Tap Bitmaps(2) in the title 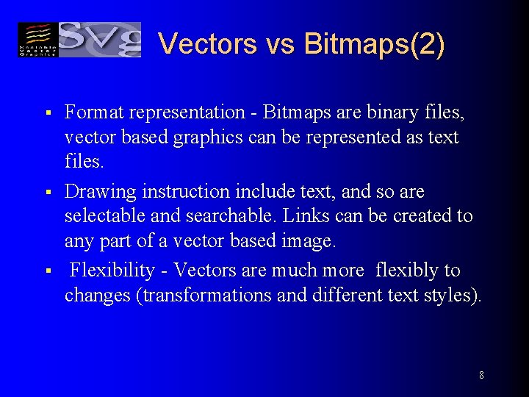click(374, 43)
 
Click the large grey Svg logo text click(99, 39)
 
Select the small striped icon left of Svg click(37, 39)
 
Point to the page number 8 click(481, 375)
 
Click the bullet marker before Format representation click(46, 113)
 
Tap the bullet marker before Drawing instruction click(46, 193)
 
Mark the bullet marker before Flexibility click(46, 272)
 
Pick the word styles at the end click(456, 296)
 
